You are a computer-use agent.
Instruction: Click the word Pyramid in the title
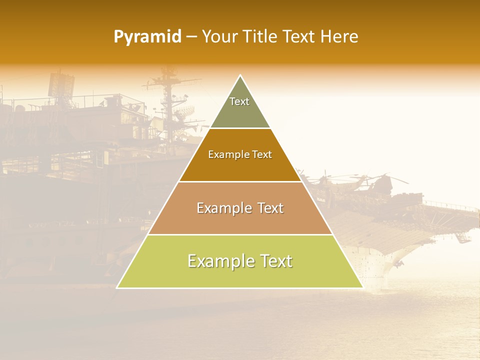click(x=147, y=37)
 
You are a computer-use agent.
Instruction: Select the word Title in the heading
click(x=260, y=36)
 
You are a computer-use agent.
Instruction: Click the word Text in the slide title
click(x=300, y=36)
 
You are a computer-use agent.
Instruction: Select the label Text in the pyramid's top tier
click(x=239, y=101)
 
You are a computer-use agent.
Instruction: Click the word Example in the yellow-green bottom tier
click(x=218, y=261)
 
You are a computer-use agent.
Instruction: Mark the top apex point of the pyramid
click(x=240, y=75)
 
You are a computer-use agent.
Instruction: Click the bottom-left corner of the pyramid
click(x=117, y=287)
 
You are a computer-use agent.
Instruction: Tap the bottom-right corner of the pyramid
click(x=362, y=287)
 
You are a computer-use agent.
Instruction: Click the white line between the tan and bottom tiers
click(x=240, y=234)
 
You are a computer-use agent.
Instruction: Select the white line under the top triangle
click(x=240, y=128)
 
